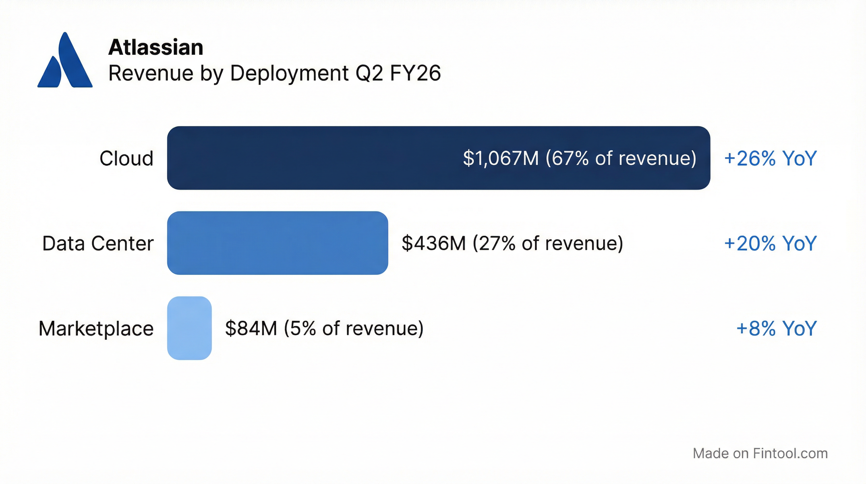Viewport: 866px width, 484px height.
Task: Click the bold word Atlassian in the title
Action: [156, 47]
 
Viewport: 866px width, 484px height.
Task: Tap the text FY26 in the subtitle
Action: [415, 73]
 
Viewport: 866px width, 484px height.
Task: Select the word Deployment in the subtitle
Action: [290, 74]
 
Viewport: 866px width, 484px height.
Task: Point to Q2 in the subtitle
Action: [369, 73]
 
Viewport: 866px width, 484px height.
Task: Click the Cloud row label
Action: [127, 158]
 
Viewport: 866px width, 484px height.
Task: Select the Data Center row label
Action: [98, 243]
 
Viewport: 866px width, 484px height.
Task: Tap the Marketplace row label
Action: [96, 329]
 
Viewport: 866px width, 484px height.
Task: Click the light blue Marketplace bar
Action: [189, 328]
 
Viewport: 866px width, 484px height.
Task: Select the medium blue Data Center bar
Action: [277, 243]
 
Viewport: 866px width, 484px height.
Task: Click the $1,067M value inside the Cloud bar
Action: [501, 158]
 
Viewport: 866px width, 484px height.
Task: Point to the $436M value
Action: [434, 243]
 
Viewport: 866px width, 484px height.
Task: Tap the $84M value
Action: [251, 329]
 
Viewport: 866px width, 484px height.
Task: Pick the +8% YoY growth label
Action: [776, 329]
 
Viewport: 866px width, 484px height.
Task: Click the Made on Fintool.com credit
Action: [760, 453]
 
